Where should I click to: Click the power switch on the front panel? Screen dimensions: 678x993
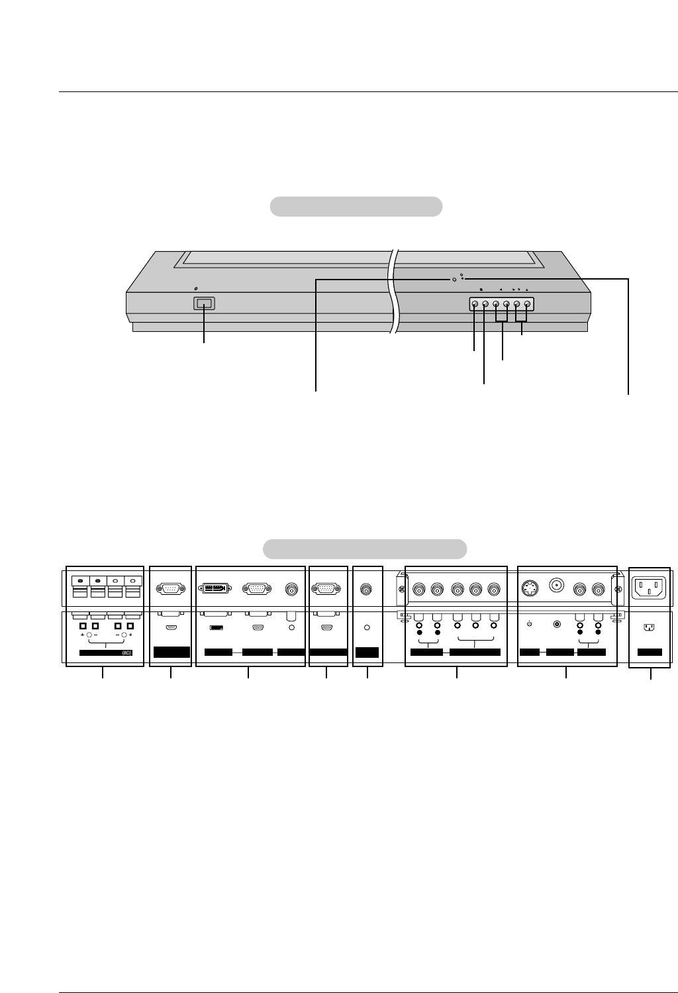(204, 303)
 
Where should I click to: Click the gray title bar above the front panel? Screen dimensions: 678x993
(356, 206)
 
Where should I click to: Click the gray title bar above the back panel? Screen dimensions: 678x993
(365, 549)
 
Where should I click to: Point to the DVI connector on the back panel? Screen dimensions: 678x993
(214, 588)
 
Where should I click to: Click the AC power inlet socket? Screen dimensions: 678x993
(649, 586)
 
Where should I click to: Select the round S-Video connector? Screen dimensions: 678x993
(530, 588)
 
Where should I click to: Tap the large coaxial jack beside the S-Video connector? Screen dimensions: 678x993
(557, 586)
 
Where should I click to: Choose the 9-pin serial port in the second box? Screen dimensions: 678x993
(171, 588)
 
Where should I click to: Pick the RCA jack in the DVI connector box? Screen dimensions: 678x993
(291, 588)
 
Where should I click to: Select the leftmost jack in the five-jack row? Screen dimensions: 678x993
(419, 588)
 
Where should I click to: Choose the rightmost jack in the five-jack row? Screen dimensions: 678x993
(493, 588)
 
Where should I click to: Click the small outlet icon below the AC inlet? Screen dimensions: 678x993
(649, 626)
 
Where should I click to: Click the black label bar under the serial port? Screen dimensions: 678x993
(171, 652)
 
